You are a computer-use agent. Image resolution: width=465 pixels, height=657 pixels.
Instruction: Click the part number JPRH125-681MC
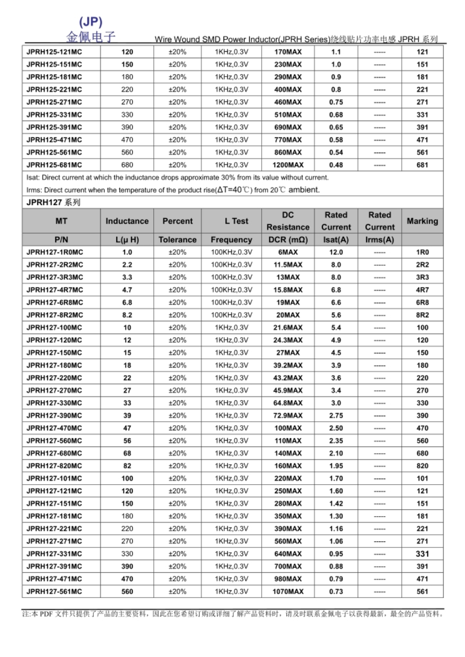54,165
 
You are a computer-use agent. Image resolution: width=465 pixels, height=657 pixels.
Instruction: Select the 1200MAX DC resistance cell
288,165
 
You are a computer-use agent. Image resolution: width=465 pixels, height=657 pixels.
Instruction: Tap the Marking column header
422,221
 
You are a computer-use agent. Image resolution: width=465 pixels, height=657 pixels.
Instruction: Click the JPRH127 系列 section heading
54,202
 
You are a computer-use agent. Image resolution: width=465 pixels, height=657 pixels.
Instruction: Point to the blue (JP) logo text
91,22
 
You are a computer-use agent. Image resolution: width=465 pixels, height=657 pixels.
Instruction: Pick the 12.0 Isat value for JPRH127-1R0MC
336,252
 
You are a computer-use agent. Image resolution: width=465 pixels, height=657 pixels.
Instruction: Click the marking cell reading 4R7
422,290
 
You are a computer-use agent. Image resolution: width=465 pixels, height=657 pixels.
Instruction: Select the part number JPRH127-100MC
54,327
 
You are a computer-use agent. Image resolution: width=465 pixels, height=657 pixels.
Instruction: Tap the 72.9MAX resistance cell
288,415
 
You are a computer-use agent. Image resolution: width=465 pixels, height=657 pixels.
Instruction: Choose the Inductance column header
127,221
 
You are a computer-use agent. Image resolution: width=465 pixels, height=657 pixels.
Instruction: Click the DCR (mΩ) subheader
288,240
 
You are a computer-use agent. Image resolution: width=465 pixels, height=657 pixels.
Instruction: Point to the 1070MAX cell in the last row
288,592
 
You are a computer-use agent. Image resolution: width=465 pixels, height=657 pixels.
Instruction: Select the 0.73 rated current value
336,592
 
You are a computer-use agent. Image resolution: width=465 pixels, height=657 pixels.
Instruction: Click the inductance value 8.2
127,315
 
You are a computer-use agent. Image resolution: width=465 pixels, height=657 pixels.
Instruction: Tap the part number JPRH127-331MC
54,553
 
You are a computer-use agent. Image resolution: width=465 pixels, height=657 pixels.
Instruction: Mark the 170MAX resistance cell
288,52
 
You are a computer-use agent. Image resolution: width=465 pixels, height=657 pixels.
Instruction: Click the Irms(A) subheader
379,240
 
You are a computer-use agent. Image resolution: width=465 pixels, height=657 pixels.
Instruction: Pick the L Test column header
231,221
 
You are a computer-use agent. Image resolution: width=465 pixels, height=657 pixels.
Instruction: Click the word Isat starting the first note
32,178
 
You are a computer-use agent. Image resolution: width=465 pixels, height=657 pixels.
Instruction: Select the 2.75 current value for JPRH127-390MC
336,415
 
